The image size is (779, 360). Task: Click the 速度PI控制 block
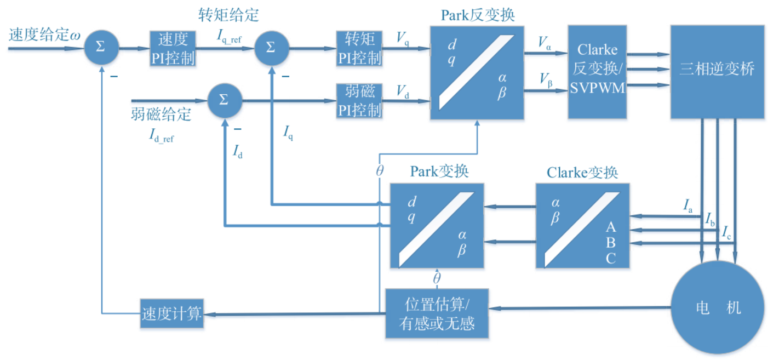point(173,48)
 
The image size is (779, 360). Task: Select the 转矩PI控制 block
point(359,48)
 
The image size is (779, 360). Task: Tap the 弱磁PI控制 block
point(359,101)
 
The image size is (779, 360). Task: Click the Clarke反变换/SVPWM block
point(597,72)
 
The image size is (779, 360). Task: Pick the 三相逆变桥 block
point(717,71)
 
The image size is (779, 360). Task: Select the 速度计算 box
point(172,314)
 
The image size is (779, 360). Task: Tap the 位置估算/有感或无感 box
point(437,313)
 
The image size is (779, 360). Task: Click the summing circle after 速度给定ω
point(101,48)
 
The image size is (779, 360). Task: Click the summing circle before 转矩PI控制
point(271,48)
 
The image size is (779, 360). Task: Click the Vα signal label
point(545,43)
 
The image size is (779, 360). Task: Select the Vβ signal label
point(545,81)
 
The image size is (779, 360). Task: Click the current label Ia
point(688,206)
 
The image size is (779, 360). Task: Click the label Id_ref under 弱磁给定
point(161,136)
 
